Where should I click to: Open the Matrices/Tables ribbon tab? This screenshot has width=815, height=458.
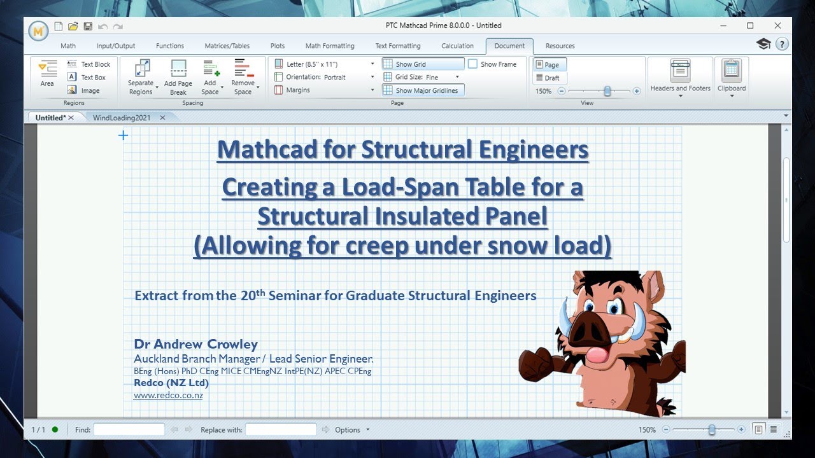click(227, 46)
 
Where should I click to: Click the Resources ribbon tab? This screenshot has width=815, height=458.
click(560, 46)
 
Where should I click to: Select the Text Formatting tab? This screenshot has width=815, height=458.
click(397, 46)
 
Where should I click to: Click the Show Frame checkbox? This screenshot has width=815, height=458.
click(473, 64)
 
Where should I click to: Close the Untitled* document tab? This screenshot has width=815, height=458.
click(71, 118)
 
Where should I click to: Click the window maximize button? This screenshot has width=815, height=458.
click(750, 25)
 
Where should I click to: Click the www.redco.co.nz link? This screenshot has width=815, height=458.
click(168, 395)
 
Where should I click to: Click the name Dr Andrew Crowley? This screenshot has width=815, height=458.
click(195, 344)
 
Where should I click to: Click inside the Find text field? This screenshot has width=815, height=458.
click(129, 430)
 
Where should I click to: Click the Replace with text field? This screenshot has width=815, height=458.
click(281, 430)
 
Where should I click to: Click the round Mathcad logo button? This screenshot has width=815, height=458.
click(38, 31)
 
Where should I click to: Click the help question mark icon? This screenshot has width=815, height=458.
click(782, 44)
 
